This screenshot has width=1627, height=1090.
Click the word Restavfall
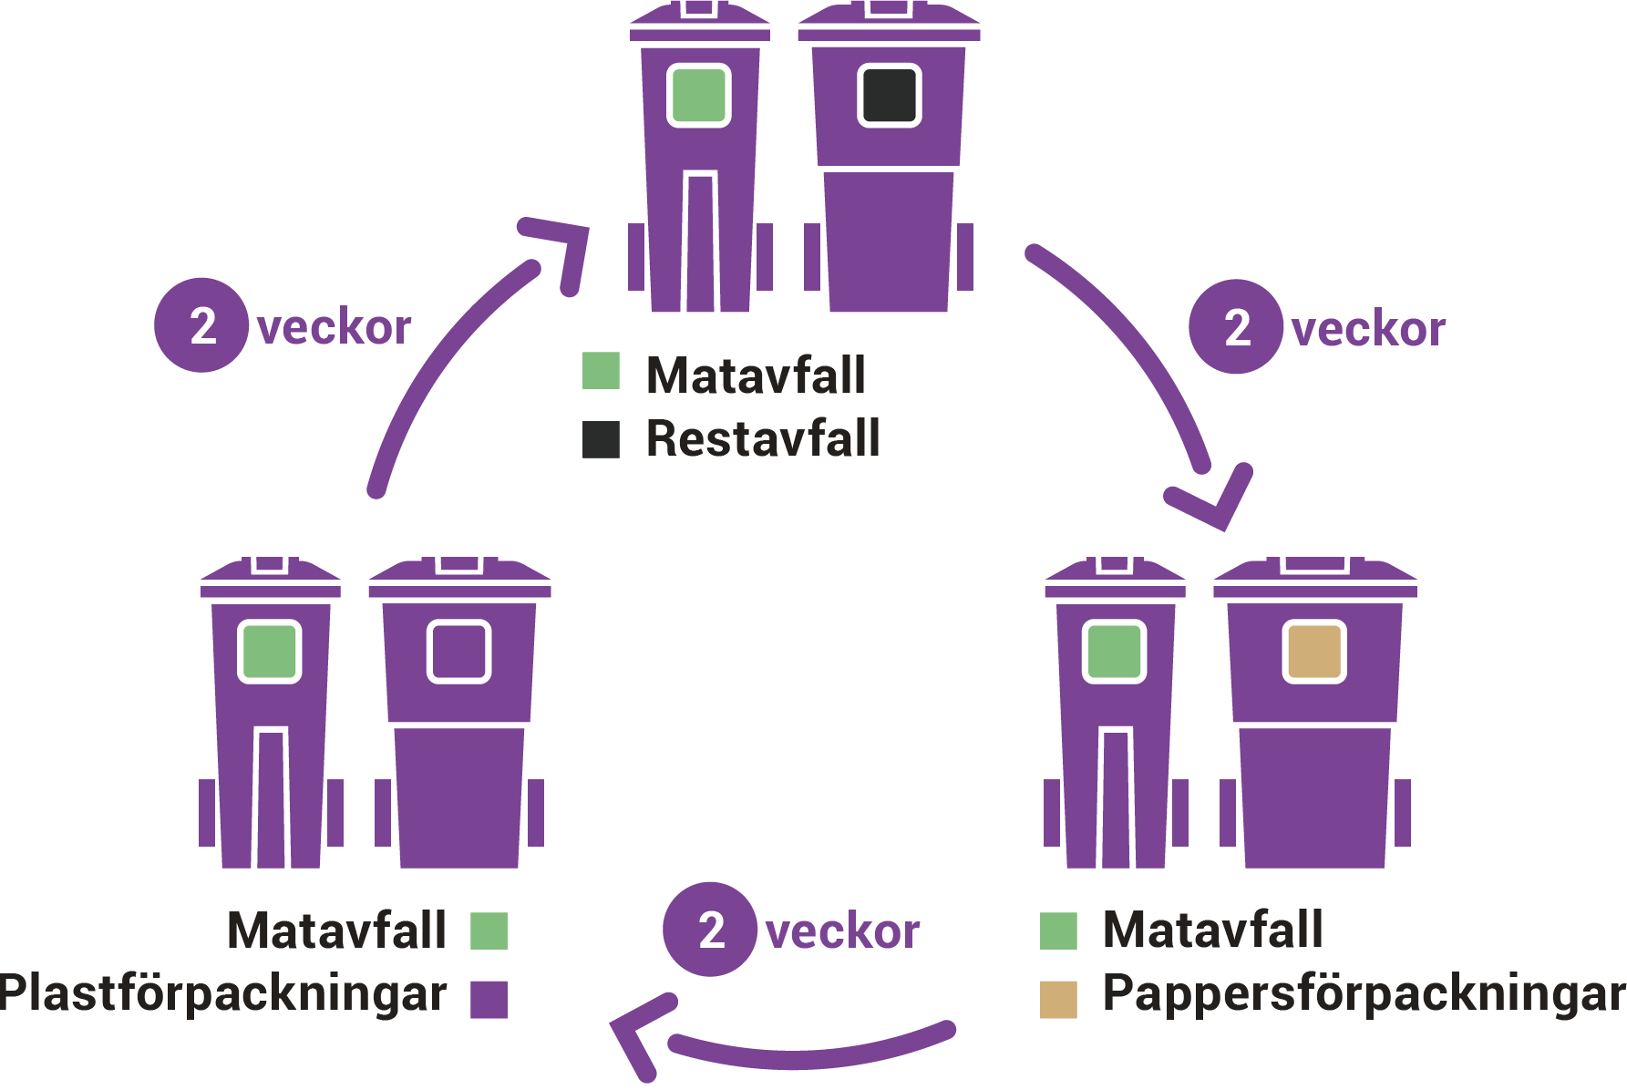pyautogui.click(x=763, y=438)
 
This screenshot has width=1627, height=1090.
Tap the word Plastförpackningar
pyautogui.click(x=223, y=993)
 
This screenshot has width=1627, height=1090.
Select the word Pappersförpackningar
pyautogui.click(x=1364, y=993)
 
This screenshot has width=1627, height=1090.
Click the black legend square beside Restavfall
pyautogui.click(x=601, y=439)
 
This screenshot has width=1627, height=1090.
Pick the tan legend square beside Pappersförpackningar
pyautogui.click(x=1058, y=999)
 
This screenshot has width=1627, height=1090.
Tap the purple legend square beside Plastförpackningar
pyautogui.click(x=489, y=999)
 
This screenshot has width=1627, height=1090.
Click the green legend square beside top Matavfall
pyautogui.click(x=601, y=371)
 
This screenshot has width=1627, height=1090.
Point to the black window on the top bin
pyautogui.click(x=889, y=96)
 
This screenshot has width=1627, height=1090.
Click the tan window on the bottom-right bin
pyautogui.click(x=1314, y=652)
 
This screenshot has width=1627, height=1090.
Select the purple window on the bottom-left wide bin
pyautogui.click(x=458, y=652)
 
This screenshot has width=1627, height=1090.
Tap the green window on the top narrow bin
pyautogui.click(x=699, y=96)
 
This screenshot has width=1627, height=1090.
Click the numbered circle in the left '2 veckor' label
pyautogui.click(x=201, y=325)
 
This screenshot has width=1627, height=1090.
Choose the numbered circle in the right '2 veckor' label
pyautogui.click(x=1236, y=326)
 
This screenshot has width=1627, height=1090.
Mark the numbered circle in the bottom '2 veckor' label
pyautogui.click(x=710, y=930)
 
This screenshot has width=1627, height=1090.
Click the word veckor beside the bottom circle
pyautogui.click(x=842, y=931)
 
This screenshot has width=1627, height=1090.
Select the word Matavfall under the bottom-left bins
pyautogui.click(x=336, y=931)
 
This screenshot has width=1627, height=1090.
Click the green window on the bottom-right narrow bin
pyautogui.click(x=1114, y=652)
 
